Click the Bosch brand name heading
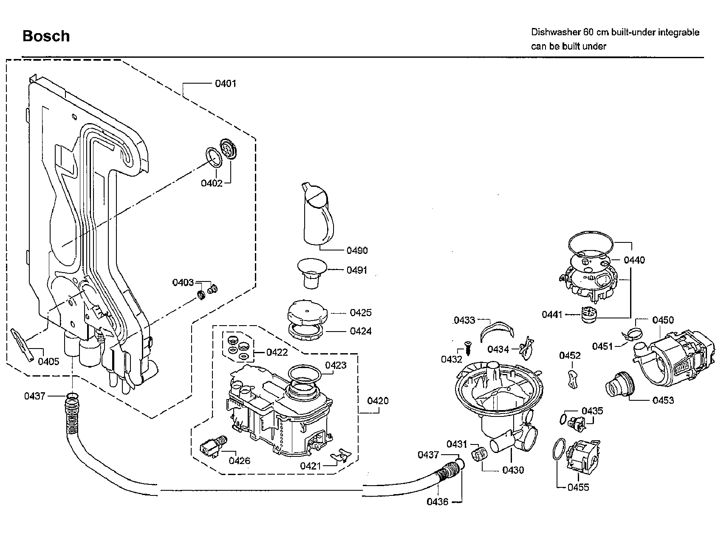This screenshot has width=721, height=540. coord(46,36)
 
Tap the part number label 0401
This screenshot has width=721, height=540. coord(225,84)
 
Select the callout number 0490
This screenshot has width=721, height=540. coord(357,250)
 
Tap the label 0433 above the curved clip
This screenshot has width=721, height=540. coord(464,320)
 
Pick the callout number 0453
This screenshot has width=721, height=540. coord(663,400)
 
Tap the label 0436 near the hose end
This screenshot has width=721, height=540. coord(438,502)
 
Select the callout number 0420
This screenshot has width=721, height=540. coord(378,401)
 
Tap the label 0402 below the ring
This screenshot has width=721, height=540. coord(212,183)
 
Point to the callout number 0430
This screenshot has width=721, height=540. coord(513,470)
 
